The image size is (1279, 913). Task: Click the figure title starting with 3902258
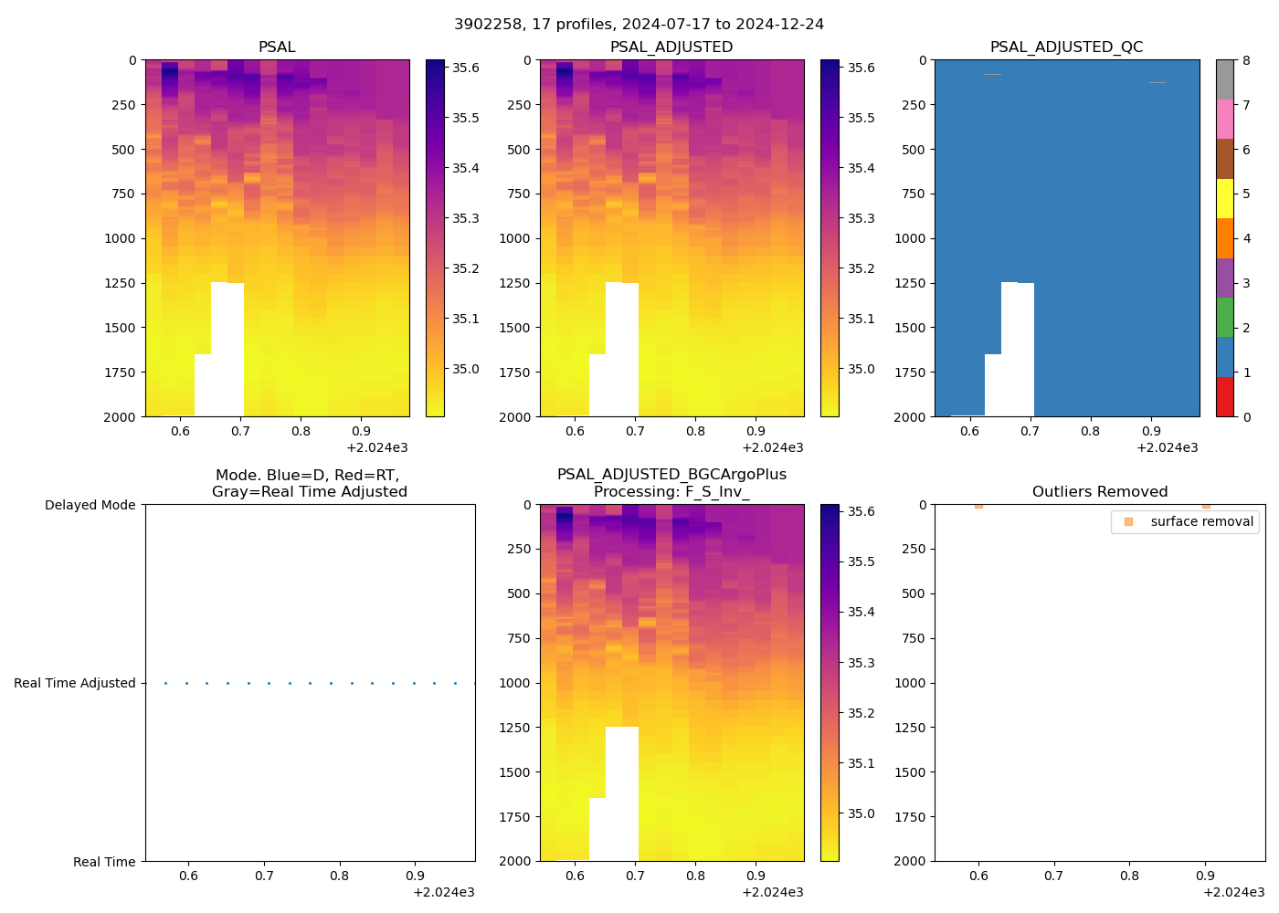tap(639, 25)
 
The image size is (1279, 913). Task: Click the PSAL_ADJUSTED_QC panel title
tap(1066, 47)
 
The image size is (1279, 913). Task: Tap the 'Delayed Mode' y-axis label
tap(90, 505)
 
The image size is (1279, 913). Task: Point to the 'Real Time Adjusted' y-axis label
tap(74, 683)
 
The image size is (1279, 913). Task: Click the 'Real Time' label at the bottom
tap(104, 862)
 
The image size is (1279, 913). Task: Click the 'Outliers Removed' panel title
tap(1099, 492)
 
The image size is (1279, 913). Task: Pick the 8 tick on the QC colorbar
tap(1246, 60)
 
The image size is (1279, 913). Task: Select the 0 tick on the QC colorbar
tap(1246, 416)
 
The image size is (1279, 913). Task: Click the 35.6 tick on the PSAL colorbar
tap(466, 68)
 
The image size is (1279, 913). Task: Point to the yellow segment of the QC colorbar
tap(1225, 198)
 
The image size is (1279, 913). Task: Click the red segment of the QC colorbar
tap(1225, 397)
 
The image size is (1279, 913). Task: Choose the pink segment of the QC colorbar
tap(1225, 119)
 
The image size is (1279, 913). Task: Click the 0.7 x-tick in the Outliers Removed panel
tap(1054, 876)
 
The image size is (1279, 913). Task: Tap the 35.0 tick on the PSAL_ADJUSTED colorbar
tap(861, 369)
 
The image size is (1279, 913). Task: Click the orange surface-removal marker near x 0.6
tap(978, 505)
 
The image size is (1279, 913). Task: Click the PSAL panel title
tap(277, 47)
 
